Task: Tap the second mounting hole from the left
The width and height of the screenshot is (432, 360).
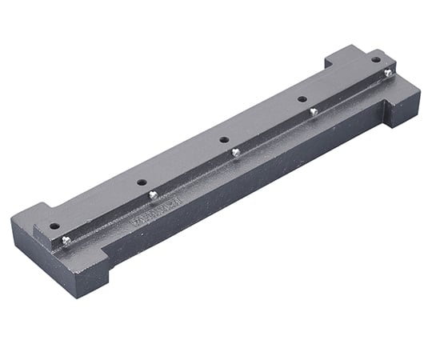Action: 141,182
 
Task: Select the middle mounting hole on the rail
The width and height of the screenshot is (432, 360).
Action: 224,140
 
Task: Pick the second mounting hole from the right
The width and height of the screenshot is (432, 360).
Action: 302,99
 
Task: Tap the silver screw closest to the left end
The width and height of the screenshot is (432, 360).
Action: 66,240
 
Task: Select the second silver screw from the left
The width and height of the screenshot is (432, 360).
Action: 153,194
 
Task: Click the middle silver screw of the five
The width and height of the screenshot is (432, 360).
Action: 235,151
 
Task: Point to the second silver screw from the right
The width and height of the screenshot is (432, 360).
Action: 314,110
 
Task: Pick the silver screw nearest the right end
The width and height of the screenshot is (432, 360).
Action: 388,73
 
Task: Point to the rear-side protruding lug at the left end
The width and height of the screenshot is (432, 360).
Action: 28,214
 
